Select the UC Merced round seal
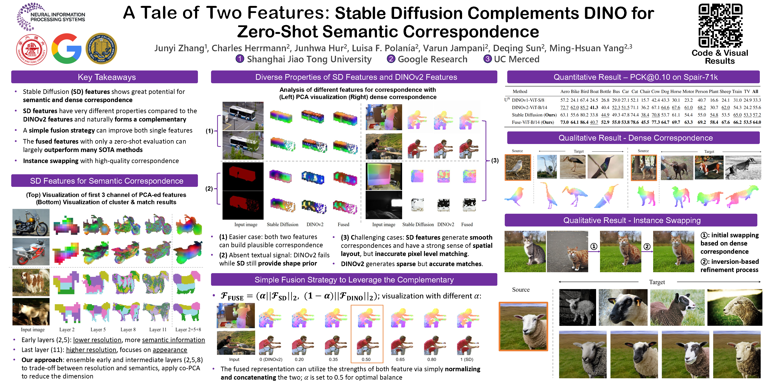[101, 49]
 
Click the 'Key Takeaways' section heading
[106, 77]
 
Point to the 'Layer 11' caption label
[158, 330]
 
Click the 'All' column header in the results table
[755, 92]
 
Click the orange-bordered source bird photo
[518, 168]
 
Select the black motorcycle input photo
[31, 222]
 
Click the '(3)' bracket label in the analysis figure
[495, 160]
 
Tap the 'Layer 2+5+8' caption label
[188, 330]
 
